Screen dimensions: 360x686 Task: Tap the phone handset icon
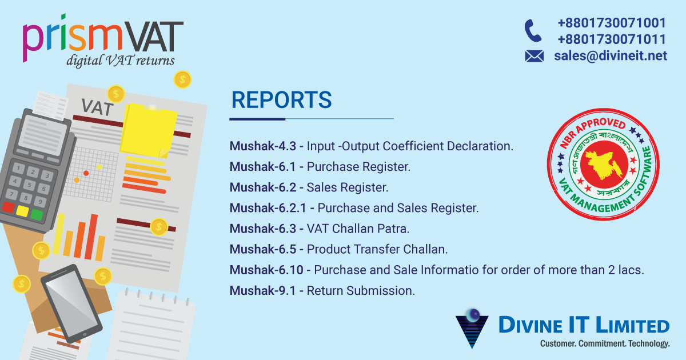pyautogui.click(x=533, y=30)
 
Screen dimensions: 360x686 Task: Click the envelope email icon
pyautogui.click(x=534, y=56)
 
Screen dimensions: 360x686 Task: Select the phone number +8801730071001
pyautogui.click(x=611, y=23)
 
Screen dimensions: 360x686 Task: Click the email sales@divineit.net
pyautogui.click(x=610, y=55)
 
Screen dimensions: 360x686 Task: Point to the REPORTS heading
pyautogui.click(x=281, y=100)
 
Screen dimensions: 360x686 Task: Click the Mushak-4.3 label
pyautogui.click(x=263, y=146)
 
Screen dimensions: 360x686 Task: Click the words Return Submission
pyautogui.click(x=360, y=290)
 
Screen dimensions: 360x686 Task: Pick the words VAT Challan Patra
pyautogui.click(x=358, y=229)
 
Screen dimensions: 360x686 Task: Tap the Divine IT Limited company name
pyautogui.click(x=583, y=326)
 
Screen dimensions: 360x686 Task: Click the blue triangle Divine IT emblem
pyautogui.click(x=472, y=328)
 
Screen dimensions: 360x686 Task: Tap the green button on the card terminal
pyautogui.click(x=37, y=215)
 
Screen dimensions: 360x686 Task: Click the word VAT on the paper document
pyautogui.click(x=97, y=107)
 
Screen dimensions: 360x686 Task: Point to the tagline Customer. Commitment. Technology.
pyautogui.click(x=604, y=343)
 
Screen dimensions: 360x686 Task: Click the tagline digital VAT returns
pyautogui.click(x=120, y=61)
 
